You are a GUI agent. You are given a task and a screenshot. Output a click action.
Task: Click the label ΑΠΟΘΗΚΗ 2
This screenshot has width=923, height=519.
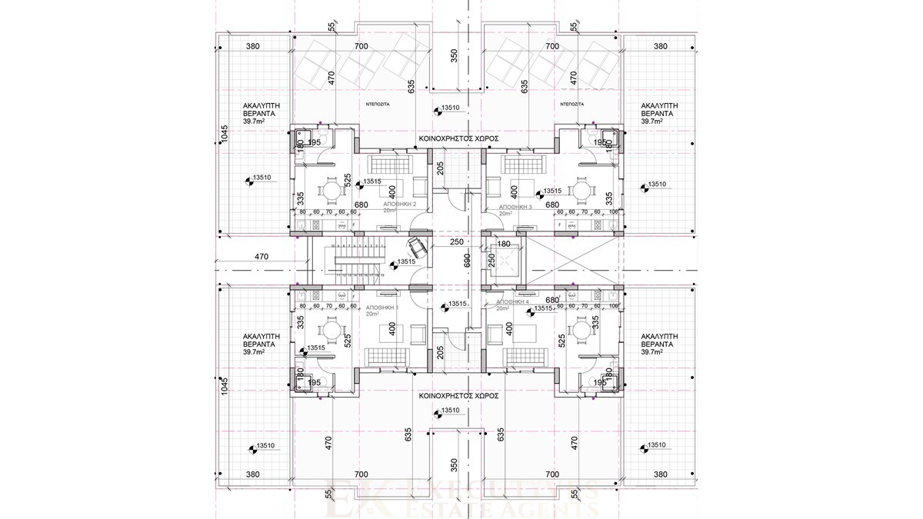pyautogui.click(x=400, y=205)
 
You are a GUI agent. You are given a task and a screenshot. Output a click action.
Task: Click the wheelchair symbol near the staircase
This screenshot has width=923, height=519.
pyautogui.click(x=418, y=246)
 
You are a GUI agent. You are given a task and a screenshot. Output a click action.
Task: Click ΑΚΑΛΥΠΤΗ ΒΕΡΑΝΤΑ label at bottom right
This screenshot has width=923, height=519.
pyautogui.click(x=659, y=341)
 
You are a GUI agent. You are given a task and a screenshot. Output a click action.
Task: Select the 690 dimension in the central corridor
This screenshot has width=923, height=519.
pyautogui.click(x=466, y=261)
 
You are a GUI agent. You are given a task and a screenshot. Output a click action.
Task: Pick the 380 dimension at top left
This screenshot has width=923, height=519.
pyautogui.click(x=253, y=46)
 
